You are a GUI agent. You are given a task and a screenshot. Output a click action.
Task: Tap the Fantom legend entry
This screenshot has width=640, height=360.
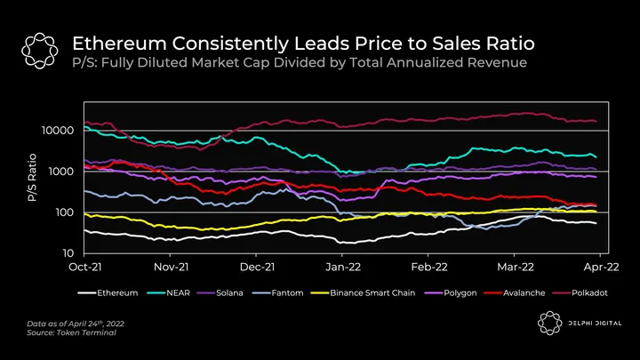point(294,292)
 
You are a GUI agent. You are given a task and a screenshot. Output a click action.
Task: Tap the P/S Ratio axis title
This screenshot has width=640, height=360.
point(30,191)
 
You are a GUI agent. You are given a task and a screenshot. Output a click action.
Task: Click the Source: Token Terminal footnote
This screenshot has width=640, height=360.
point(60,332)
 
